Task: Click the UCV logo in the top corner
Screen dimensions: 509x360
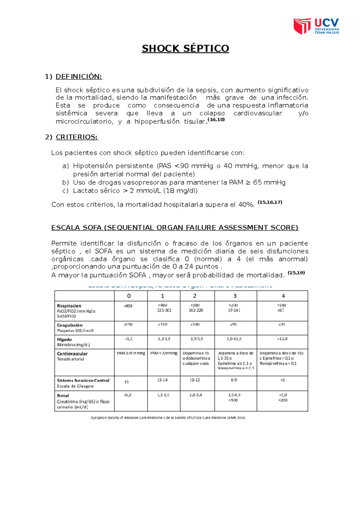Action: tap(316, 26)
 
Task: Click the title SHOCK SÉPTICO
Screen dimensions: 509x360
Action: tap(185, 49)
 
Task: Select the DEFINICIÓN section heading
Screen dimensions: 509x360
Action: tap(79, 77)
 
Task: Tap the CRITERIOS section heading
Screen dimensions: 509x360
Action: tap(77, 137)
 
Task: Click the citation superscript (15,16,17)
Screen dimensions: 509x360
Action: tap(270, 202)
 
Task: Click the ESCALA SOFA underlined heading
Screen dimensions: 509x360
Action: tap(175, 228)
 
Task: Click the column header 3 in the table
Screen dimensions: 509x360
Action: tap(235, 296)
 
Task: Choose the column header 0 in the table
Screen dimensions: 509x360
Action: tap(129, 296)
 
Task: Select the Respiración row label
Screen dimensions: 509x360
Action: tap(69, 306)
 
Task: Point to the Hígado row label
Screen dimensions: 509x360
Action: tap(64, 339)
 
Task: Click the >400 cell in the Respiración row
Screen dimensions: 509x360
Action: tap(128, 306)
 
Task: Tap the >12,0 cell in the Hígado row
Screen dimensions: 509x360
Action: tap(282, 339)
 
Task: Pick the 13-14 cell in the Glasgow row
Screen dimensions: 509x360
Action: tap(162, 380)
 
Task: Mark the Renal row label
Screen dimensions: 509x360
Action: tap(63, 396)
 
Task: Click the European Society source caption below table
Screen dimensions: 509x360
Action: tap(168, 418)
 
